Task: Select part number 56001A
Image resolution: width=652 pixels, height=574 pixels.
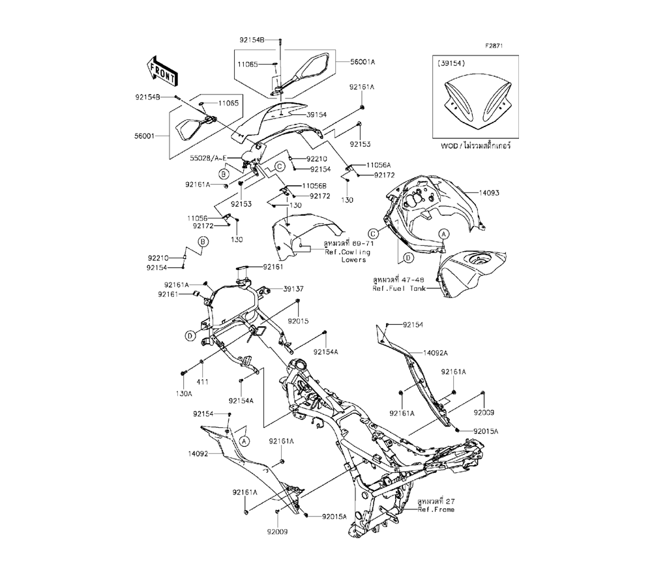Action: coord(363,62)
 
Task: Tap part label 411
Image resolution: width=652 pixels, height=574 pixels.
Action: coord(203,382)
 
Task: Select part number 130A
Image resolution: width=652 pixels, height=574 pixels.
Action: coord(185,394)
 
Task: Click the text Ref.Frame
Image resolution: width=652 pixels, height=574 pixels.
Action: coord(436,509)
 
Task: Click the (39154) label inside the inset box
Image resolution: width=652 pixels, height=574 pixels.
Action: coord(452,64)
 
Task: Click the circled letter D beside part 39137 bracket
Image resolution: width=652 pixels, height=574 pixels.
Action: coord(188,335)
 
